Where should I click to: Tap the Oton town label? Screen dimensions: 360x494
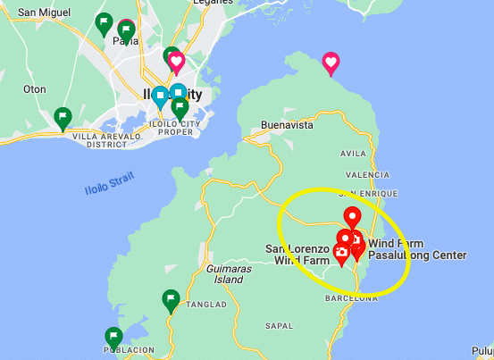tap(34, 88)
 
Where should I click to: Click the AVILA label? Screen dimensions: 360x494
tap(353, 154)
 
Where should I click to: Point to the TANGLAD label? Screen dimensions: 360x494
tap(205, 305)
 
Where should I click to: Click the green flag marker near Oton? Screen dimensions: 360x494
tap(63, 116)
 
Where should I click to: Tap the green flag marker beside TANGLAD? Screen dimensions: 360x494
tap(172, 299)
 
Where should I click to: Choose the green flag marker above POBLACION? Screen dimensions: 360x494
tap(113, 337)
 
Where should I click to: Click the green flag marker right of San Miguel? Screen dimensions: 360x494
tap(104, 21)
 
